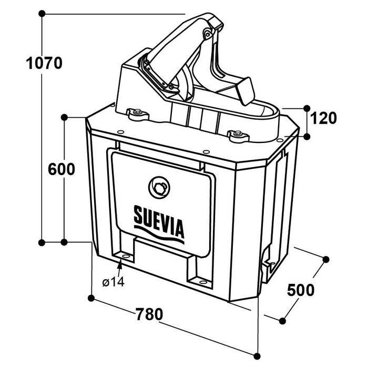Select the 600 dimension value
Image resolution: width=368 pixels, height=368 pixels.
click(61, 169)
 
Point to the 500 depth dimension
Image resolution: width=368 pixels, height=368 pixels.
click(301, 290)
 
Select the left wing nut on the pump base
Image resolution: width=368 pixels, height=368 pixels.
click(138, 111)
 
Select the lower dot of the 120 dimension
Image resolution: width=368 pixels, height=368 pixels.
click(307, 136)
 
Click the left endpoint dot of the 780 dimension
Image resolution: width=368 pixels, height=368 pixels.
click(91, 299)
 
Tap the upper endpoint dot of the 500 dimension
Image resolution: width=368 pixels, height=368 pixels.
click(325, 259)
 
